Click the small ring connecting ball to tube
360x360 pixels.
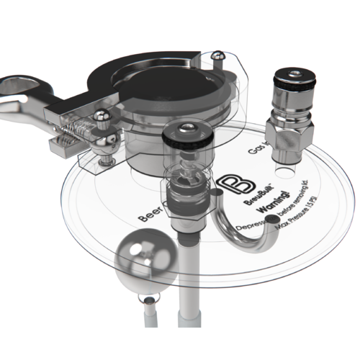[148, 300]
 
